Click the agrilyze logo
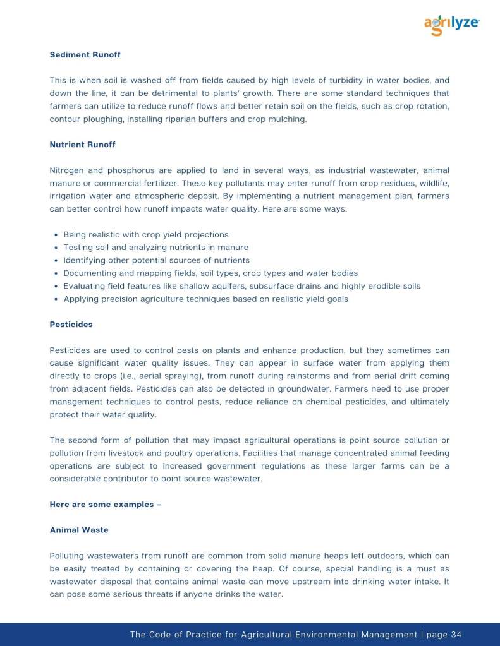pos(451,25)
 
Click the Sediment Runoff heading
pos(85,55)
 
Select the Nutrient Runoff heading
pos(82,145)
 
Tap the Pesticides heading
pos(71,325)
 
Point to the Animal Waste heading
pos(79,530)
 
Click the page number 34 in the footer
pos(456,635)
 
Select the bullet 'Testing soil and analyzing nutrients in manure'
pos(155,248)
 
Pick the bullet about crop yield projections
pos(146,234)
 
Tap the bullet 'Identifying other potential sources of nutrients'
pos(156,260)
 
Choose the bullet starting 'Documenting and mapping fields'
pos(210,273)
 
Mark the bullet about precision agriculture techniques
pos(205,299)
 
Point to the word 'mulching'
pos(288,119)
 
